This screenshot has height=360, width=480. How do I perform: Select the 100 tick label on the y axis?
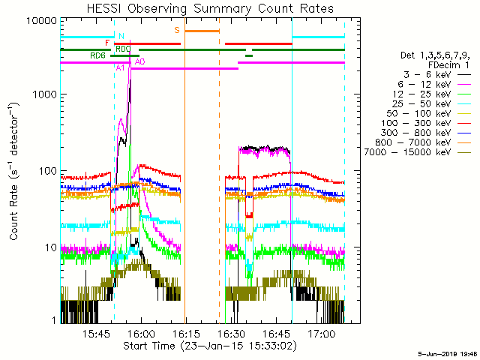pyautogui.click(x=46, y=171)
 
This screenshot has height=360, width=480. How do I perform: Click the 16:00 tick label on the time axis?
pyautogui.click(x=141, y=332)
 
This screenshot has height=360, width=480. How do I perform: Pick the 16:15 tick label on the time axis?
pyautogui.click(x=186, y=332)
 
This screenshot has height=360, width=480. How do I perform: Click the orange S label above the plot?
pyautogui.click(x=177, y=30)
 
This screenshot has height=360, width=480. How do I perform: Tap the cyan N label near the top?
pyautogui.click(x=121, y=35)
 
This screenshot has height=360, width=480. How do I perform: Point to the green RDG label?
pyautogui.click(x=97, y=55)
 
